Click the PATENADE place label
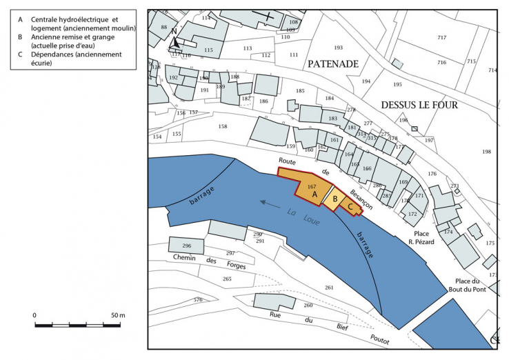[334, 63]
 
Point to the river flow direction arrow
[271, 203]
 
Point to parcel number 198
[486, 152]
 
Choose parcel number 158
[222, 126]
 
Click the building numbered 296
[186, 246]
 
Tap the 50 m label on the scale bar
[117, 315]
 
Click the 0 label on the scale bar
[35, 315]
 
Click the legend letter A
[21, 19]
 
